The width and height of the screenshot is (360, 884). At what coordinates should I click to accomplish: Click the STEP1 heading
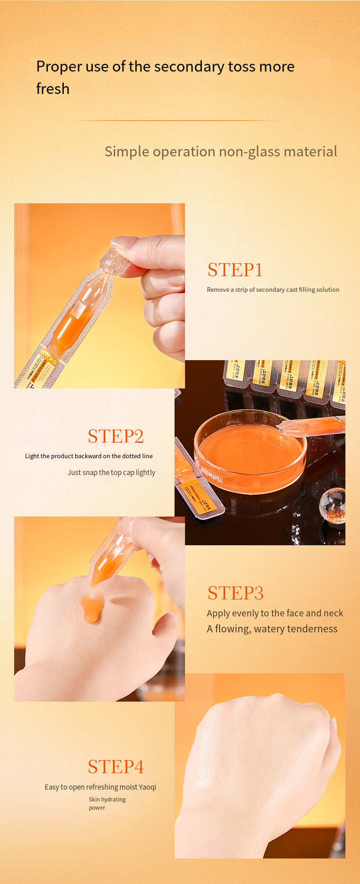(x=235, y=270)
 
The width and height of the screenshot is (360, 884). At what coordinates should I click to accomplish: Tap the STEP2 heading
(x=116, y=436)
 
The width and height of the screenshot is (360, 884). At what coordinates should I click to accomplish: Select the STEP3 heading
(x=236, y=593)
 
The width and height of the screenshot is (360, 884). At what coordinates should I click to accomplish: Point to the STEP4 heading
(x=116, y=767)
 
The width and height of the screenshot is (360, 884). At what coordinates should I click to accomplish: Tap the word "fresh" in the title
(x=53, y=89)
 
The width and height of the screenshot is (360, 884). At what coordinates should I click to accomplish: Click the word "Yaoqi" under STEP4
(x=148, y=787)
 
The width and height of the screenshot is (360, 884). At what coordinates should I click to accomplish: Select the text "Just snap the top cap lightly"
(x=111, y=472)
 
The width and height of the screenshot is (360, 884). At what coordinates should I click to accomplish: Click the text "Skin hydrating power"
(x=107, y=803)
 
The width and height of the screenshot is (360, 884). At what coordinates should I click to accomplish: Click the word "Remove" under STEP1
(x=218, y=289)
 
